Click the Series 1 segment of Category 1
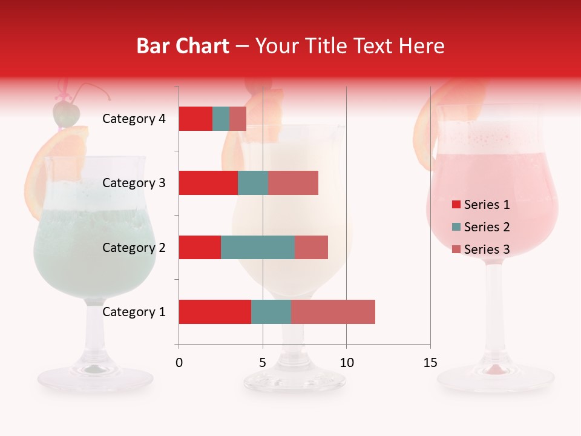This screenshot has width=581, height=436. [x=215, y=312]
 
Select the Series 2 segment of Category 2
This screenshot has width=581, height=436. [x=258, y=247]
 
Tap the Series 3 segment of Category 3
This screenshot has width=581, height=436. [x=293, y=183]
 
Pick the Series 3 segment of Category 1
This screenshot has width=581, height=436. [x=333, y=312]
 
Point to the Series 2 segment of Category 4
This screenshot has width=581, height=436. [x=221, y=119]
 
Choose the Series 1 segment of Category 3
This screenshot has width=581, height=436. [x=208, y=183]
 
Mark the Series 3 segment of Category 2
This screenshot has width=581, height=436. [x=311, y=247]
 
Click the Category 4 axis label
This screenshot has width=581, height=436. [x=134, y=119]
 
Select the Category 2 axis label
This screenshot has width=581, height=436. [x=134, y=248]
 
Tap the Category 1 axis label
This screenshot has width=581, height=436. [x=134, y=312]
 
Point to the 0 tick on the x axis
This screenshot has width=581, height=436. [x=179, y=363]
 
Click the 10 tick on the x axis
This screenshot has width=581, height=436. [x=346, y=363]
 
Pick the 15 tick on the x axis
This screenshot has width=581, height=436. [x=430, y=363]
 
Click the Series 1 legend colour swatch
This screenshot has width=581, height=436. [x=456, y=205]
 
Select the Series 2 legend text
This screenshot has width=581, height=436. [x=487, y=227]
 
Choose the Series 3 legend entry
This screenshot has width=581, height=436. [x=481, y=249]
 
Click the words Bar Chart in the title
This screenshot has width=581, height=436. [x=183, y=46]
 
